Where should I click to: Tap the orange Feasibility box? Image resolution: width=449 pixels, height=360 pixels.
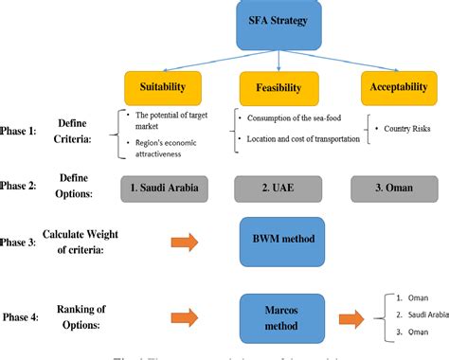(278, 87)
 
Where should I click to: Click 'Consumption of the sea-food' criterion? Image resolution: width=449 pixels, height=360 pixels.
(295, 118)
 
